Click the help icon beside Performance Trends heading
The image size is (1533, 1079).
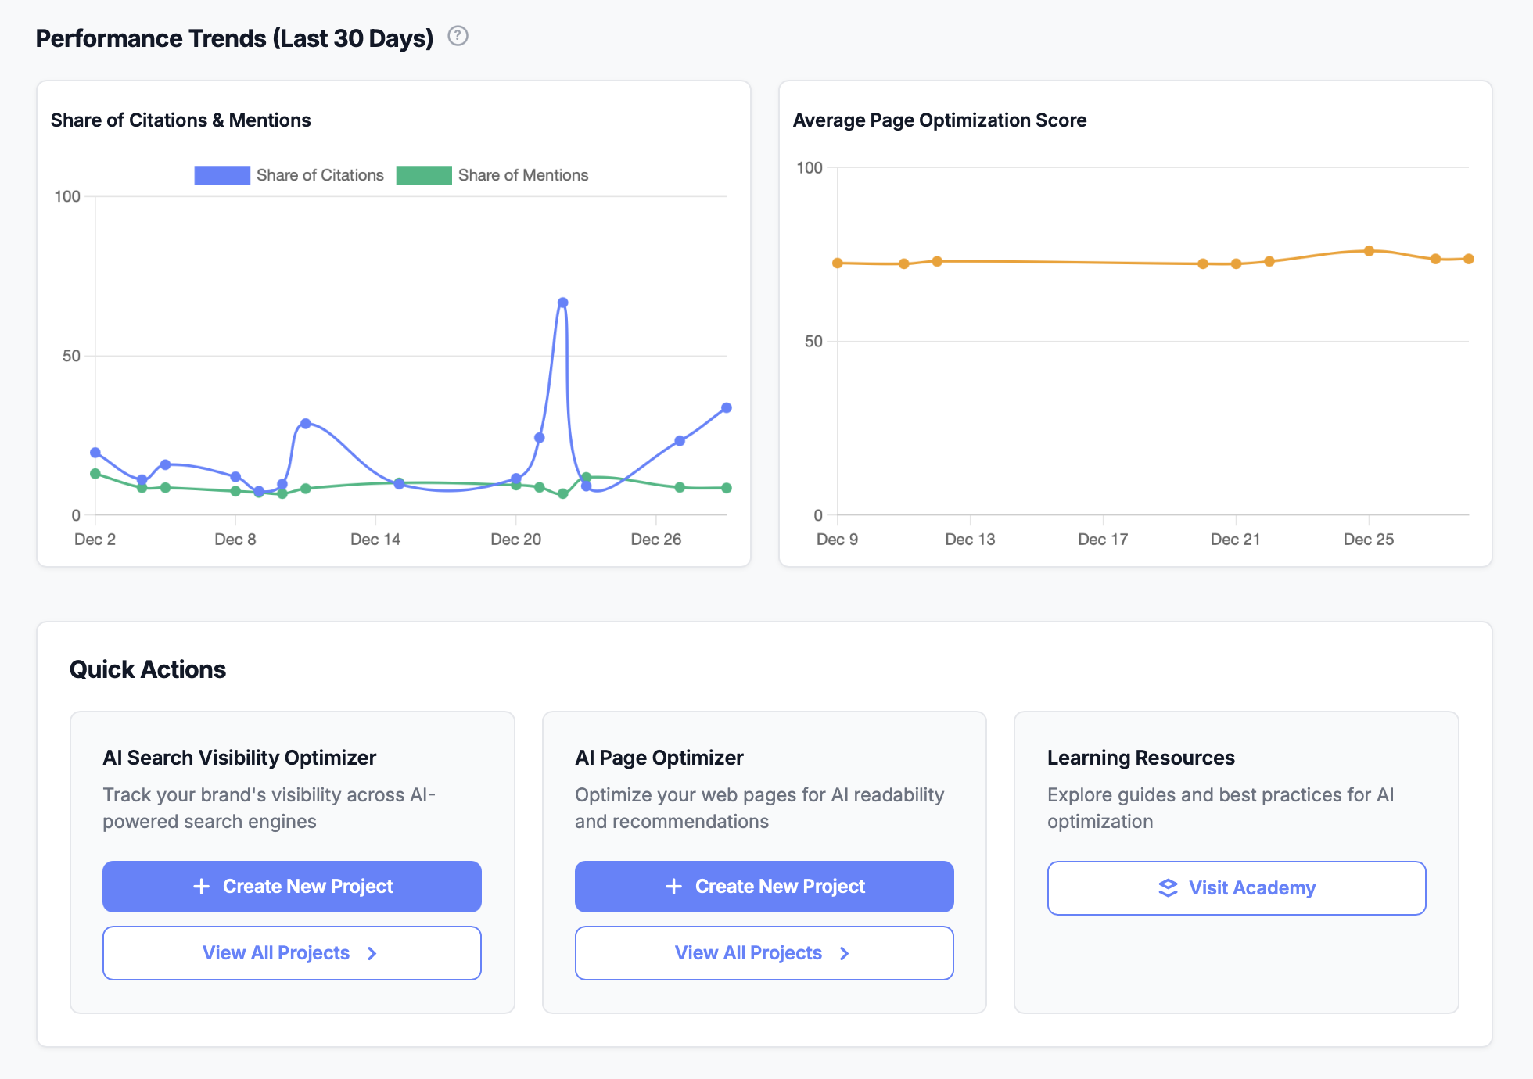click(458, 36)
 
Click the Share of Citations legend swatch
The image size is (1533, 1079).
click(222, 175)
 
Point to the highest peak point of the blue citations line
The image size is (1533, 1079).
click(562, 303)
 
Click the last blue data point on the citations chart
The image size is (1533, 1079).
click(726, 407)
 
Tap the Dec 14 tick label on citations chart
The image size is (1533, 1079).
click(375, 539)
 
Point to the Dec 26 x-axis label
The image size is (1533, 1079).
click(655, 539)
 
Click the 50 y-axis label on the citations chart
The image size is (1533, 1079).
click(71, 356)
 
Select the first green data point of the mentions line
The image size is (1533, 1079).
click(95, 473)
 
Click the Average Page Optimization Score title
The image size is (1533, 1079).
click(939, 120)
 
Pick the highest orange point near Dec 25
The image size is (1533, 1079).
click(1369, 251)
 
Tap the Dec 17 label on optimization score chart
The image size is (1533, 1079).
click(1103, 539)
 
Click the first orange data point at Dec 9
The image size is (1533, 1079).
click(838, 263)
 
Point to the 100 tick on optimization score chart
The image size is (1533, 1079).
click(810, 167)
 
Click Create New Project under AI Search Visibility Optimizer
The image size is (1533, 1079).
click(292, 886)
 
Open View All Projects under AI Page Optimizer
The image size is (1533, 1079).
click(763, 952)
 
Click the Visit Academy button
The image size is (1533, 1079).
click(1236, 887)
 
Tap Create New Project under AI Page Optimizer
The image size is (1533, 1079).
click(763, 886)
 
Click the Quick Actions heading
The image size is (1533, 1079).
click(148, 669)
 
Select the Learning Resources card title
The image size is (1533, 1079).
click(1140, 757)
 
